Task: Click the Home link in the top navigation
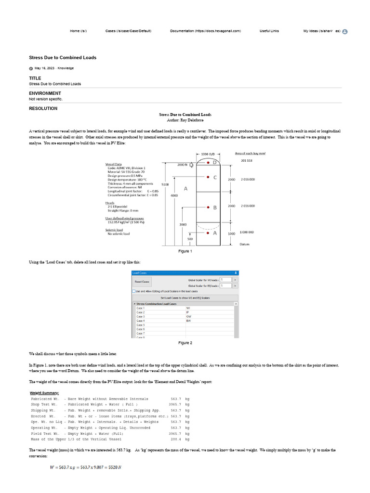(x=78, y=31)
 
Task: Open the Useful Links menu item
(x=269, y=31)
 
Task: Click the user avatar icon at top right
(x=345, y=31)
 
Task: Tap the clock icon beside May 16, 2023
(x=31, y=68)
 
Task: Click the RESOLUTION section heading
(x=43, y=108)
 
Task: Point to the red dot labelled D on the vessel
(x=208, y=163)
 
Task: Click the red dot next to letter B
(x=208, y=208)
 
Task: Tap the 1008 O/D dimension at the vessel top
(x=208, y=154)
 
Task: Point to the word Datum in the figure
(x=244, y=244)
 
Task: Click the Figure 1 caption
(x=185, y=251)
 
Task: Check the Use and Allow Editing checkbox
(x=134, y=291)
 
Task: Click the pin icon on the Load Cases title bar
(x=236, y=272)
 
